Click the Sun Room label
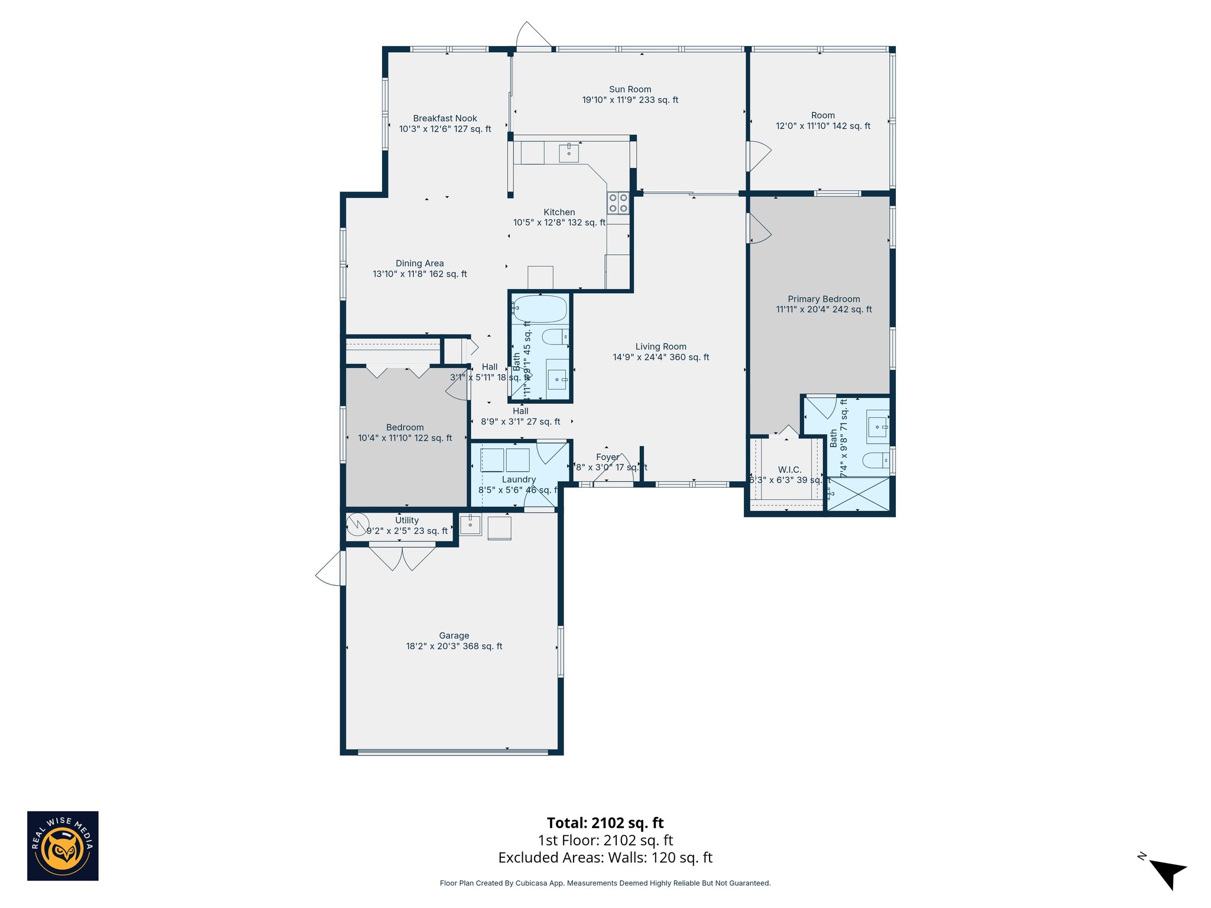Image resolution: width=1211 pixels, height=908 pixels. coord(630,89)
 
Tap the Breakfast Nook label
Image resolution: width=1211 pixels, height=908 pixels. coord(445,118)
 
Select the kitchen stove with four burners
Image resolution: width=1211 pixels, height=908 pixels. coord(618,203)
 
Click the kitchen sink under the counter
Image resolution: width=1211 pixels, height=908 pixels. coord(569,153)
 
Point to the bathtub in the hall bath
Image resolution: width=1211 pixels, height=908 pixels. coord(540,309)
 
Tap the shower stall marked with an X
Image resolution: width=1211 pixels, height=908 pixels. coord(858,494)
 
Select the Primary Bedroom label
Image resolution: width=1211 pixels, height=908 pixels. coord(824,299)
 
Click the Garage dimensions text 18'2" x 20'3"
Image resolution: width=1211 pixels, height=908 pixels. coord(454,646)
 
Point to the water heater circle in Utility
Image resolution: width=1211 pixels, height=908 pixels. coord(358,524)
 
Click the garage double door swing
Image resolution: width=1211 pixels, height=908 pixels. coord(402,557)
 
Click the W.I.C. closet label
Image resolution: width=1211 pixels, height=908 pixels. coord(789,469)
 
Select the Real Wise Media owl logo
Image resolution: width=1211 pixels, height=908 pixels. coord(63,846)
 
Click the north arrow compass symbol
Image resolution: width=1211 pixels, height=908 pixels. coord(1167,873)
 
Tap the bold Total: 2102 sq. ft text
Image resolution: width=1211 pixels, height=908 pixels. coord(605,823)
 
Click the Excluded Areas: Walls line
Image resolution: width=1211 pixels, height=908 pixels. coord(605,858)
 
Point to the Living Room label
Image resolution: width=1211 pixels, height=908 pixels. coord(660,347)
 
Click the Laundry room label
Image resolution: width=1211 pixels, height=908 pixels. coord(519,479)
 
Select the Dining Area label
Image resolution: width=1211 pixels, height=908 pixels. coord(419,264)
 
